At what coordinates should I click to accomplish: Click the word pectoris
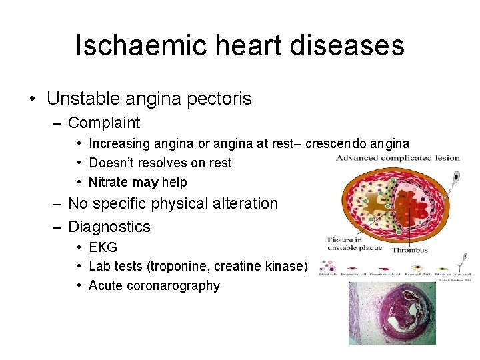[220, 99]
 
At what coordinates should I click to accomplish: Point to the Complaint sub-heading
[104, 123]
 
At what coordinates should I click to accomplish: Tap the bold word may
[145, 182]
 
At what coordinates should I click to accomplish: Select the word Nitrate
[109, 182]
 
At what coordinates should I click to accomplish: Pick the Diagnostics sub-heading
[109, 227]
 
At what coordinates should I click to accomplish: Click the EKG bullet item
[103, 247]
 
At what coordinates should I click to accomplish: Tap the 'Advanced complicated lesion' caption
[397, 158]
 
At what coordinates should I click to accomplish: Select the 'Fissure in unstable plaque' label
[354, 243]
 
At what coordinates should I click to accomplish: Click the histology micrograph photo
[392, 313]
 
